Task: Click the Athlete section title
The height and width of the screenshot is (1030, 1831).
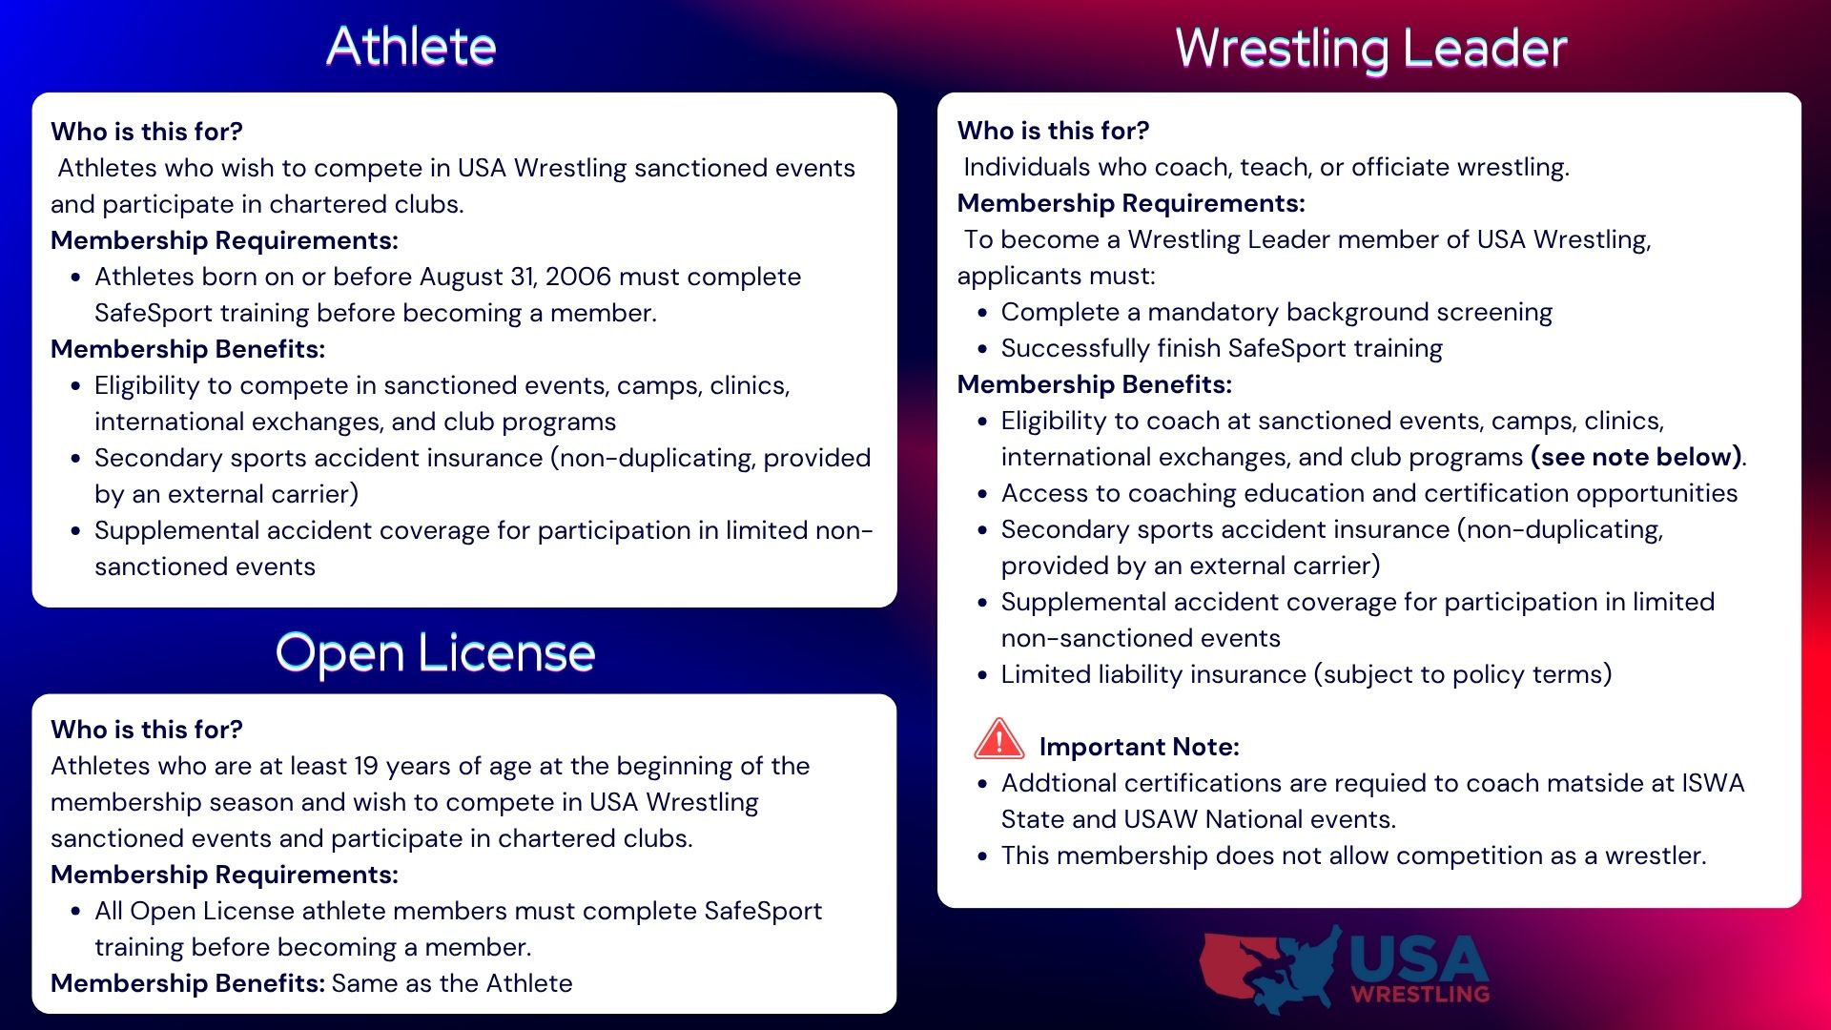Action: click(x=411, y=46)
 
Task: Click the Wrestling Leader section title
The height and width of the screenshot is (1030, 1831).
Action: click(x=1371, y=49)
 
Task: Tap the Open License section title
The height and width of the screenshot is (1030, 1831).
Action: click(x=436, y=653)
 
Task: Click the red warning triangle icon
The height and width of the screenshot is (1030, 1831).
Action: click(x=998, y=739)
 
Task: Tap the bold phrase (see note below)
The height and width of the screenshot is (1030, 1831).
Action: click(x=1636, y=458)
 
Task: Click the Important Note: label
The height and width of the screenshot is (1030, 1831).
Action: click(x=1139, y=747)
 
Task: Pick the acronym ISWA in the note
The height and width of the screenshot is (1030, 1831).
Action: click(x=1713, y=783)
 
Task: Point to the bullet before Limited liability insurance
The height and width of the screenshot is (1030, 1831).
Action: click(x=982, y=675)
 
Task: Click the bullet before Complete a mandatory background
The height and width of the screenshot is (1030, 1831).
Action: click(x=982, y=313)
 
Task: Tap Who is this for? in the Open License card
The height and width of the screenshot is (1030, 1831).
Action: click(x=147, y=730)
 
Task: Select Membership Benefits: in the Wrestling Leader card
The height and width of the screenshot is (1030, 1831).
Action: click(x=1095, y=384)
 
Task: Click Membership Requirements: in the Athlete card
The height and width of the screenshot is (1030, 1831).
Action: click(x=224, y=241)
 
